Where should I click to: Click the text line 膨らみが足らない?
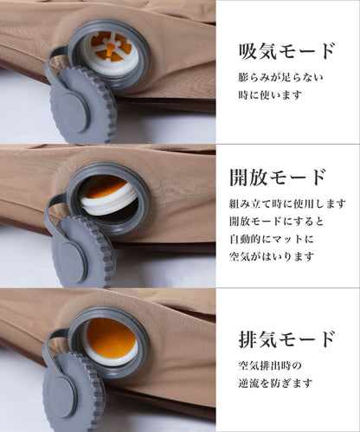point(280,77)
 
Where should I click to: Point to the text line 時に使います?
point(270,94)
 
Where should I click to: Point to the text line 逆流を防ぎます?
point(274,383)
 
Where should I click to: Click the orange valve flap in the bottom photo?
point(109,338)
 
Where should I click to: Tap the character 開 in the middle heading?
point(241,177)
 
